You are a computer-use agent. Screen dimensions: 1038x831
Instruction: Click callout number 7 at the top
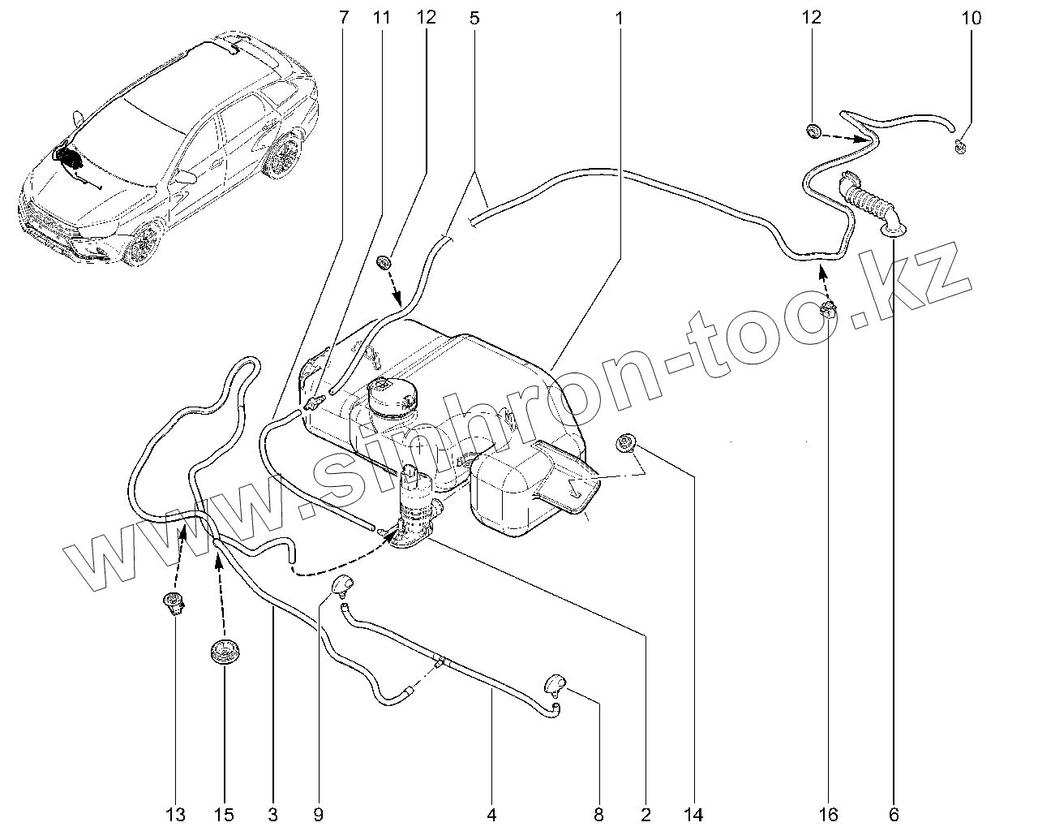point(343,17)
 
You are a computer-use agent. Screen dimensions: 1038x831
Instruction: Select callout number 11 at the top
point(382,17)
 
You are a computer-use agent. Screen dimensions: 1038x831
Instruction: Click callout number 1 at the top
point(619,17)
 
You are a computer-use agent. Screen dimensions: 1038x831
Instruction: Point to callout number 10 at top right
point(971,17)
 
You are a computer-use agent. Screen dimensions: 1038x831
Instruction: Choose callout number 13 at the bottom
point(176,814)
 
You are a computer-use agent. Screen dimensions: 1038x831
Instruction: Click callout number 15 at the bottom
point(223,814)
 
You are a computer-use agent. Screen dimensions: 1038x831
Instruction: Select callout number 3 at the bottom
point(272,814)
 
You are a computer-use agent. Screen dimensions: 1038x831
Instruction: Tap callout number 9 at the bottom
point(318,814)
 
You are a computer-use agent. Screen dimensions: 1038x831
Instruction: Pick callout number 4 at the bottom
point(491,814)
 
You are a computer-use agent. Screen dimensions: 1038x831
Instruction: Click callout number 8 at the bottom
point(599,814)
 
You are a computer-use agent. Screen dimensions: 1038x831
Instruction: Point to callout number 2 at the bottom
point(646,814)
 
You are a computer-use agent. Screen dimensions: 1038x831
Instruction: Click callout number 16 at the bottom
point(827,814)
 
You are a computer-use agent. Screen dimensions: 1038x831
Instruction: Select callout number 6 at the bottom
point(893,814)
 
